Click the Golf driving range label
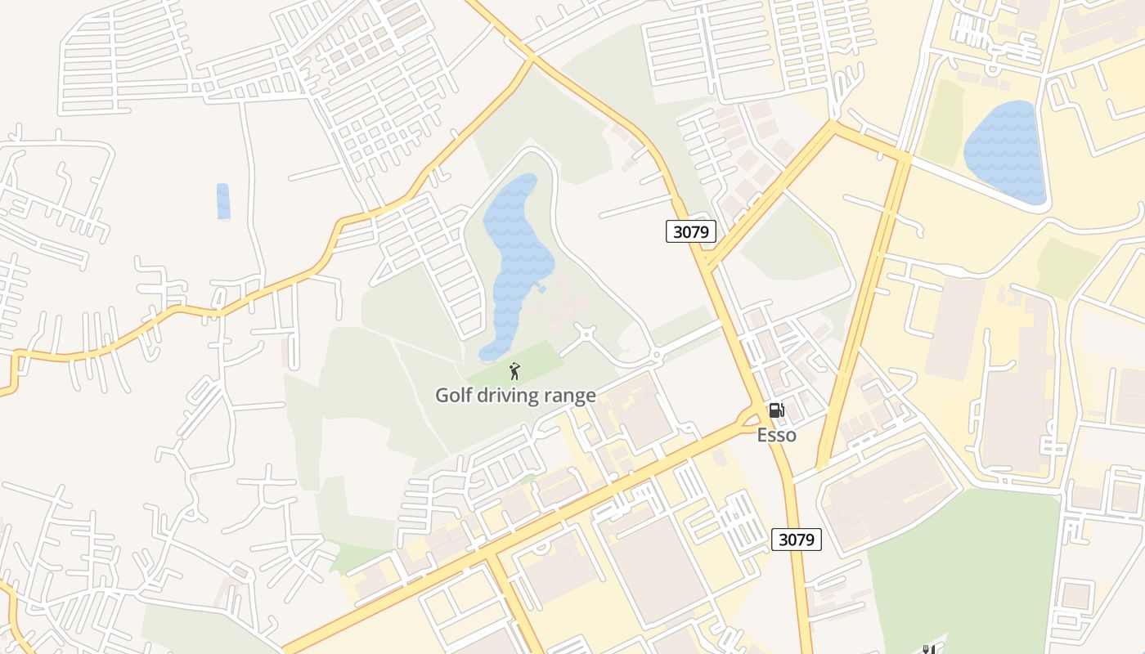click(x=515, y=396)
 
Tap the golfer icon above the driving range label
click(x=514, y=372)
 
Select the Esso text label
click(x=776, y=435)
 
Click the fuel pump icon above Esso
click(x=776, y=410)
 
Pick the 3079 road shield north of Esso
click(x=690, y=231)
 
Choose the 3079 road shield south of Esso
click(x=796, y=539)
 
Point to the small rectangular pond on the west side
click(x=223, y=201)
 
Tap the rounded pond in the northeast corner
click(x=1005, y=153)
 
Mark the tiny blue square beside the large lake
click(x=541, y=289)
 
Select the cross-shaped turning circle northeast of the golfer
click(x=586, y=334)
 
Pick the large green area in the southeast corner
click(x=965, y=564)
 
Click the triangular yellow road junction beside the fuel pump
click(x=747, y=419)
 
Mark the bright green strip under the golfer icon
click(x=532, y=360)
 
